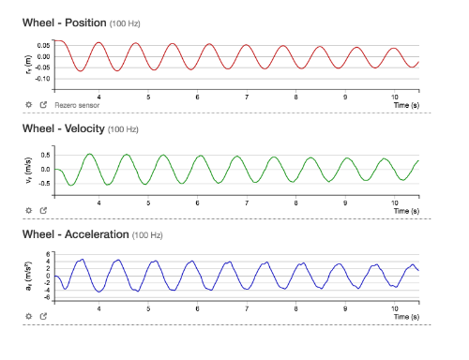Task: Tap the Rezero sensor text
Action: [x=76, y=106]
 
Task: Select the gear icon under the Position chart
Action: [x=29, y=106]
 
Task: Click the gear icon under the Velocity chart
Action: [x=29, y=211]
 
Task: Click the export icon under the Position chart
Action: [x=43, y=106]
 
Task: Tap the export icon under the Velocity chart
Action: [x=43, y=211]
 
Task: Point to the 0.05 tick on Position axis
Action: [x=43, y=45]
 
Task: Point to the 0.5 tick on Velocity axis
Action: [x=45, y=153]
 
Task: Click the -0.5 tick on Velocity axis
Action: [x=44, y=186]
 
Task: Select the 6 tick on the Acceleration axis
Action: [x=47, y=253]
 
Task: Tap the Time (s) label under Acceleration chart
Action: [x=406, y=317]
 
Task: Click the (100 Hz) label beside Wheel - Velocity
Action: [x=123, y=129]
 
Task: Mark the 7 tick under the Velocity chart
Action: [x=247, y=202]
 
